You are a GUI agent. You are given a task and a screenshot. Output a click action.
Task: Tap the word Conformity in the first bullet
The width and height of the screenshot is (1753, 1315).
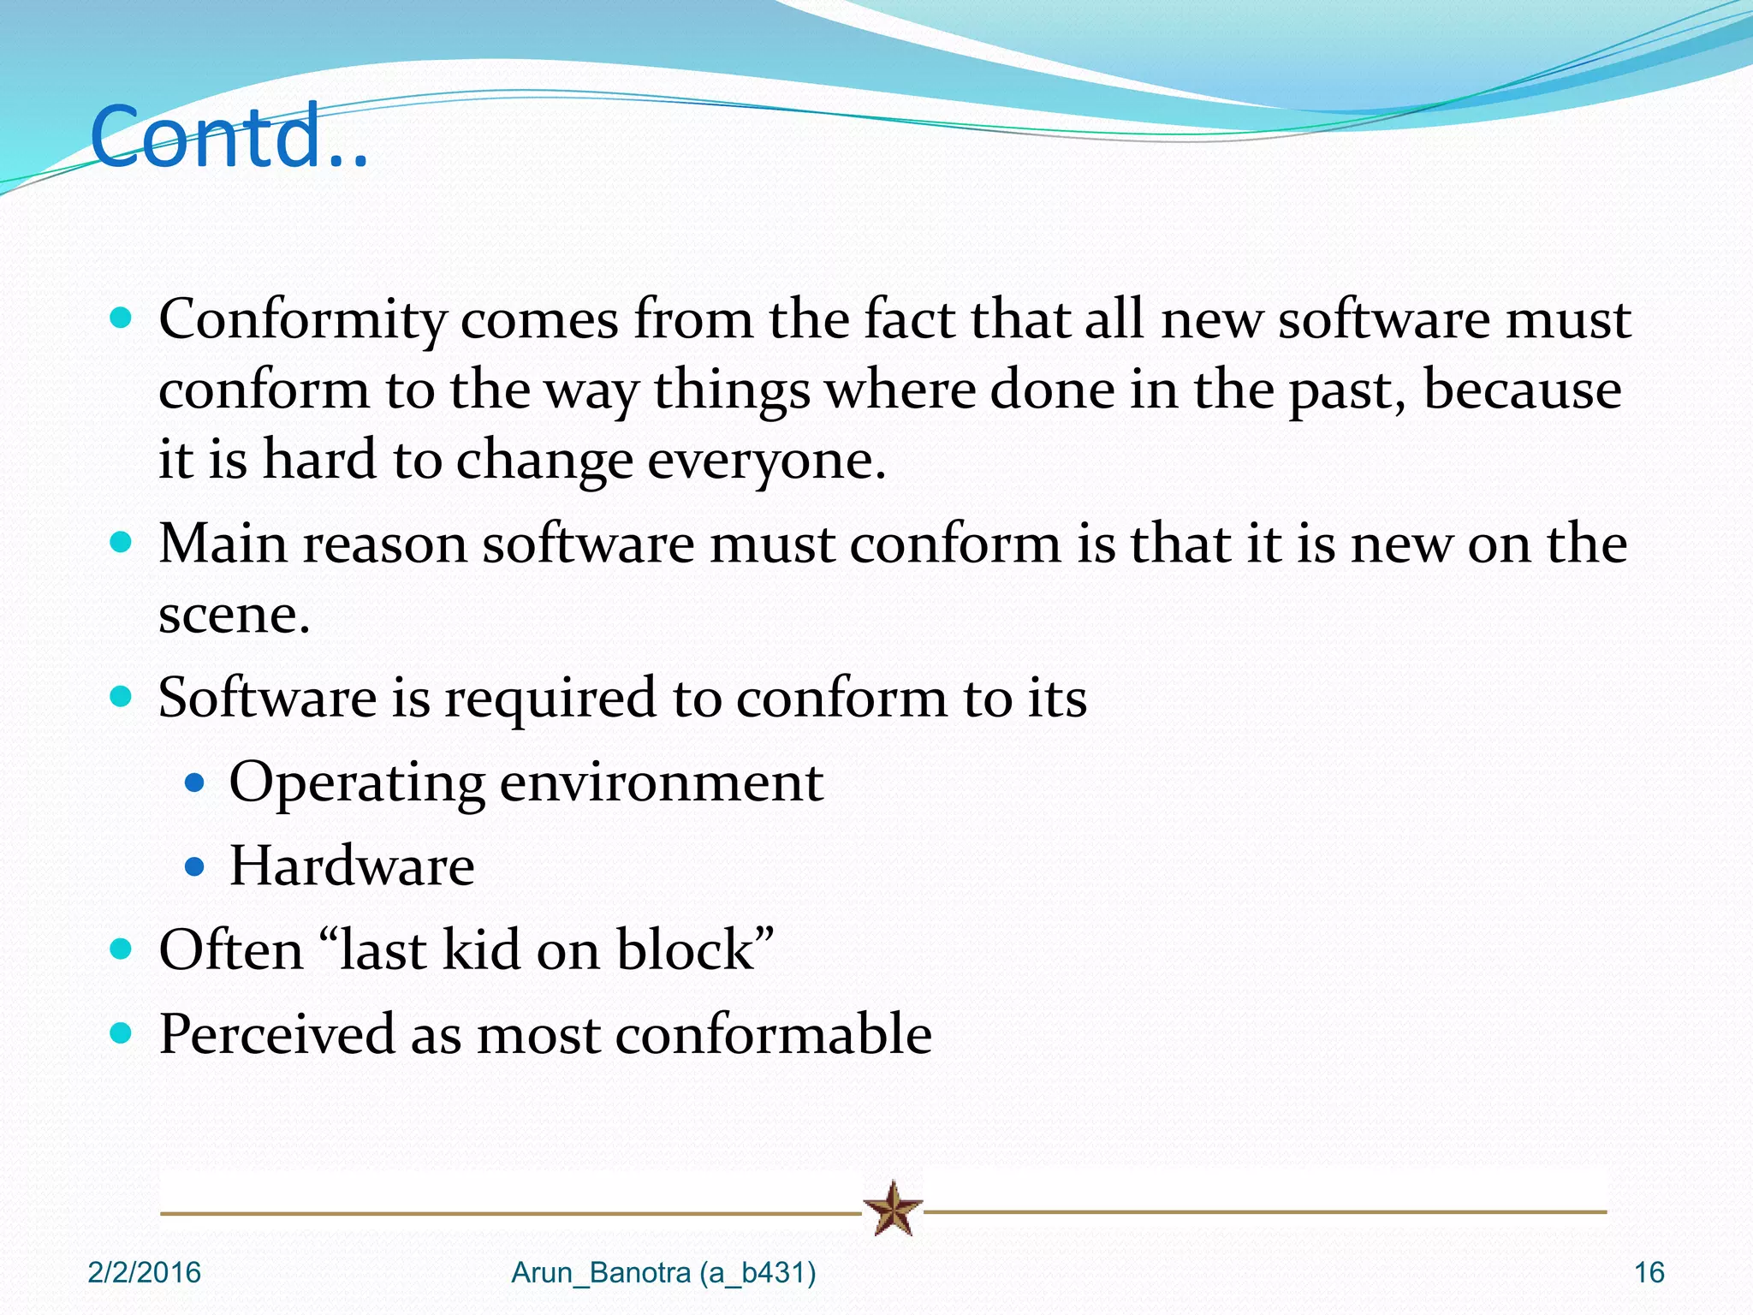(x=301, y=320)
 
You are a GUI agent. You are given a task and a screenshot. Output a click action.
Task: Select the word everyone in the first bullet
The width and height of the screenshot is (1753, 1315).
(x=765, y=461)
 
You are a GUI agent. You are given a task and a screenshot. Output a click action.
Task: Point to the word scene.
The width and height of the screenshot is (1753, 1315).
(x=233, y=615)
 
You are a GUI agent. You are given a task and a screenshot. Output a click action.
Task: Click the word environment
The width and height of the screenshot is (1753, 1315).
(x=661, y=782)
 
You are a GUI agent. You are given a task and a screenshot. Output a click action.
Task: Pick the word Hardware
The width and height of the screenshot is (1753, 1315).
(x=352, y=866)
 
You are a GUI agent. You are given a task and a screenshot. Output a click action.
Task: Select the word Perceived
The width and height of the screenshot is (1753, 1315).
(x=276, y=1034)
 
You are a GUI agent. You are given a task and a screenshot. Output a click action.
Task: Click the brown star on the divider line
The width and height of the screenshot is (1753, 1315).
(x=893, y=1209)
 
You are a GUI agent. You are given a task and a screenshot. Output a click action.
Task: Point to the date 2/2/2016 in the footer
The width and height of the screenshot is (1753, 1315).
(x=144, y=1273)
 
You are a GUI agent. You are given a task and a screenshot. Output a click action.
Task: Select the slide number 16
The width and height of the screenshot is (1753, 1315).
(x=1649, y=1273)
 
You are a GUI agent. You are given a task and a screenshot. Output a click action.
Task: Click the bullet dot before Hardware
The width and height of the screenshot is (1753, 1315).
(x=195, y=867)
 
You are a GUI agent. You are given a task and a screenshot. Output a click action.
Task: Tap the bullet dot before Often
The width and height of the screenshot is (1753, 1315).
(x=122, y=949)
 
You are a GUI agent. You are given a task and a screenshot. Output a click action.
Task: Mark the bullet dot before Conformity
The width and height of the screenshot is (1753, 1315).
(x=122, y=319)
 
